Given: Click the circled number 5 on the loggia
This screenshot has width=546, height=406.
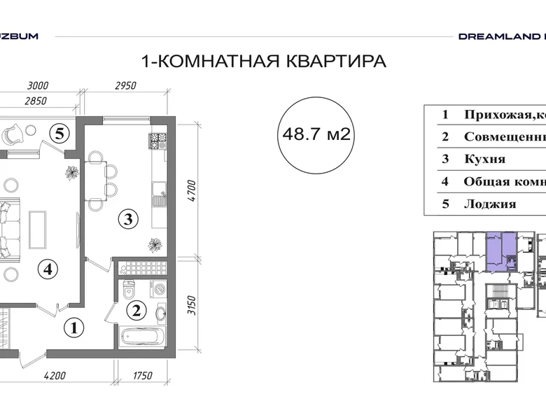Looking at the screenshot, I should pos(61,132).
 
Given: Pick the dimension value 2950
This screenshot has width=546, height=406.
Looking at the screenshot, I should pos(124,87).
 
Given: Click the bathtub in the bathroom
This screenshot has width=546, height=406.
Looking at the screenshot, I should pos(142,337).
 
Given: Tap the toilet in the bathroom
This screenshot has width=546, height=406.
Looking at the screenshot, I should pos(129,287).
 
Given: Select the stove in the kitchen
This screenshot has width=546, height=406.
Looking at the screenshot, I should pos(158,140).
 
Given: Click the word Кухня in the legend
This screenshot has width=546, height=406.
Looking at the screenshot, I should pos(484,160).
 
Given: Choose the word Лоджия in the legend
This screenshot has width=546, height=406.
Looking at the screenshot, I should pos(489,204).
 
